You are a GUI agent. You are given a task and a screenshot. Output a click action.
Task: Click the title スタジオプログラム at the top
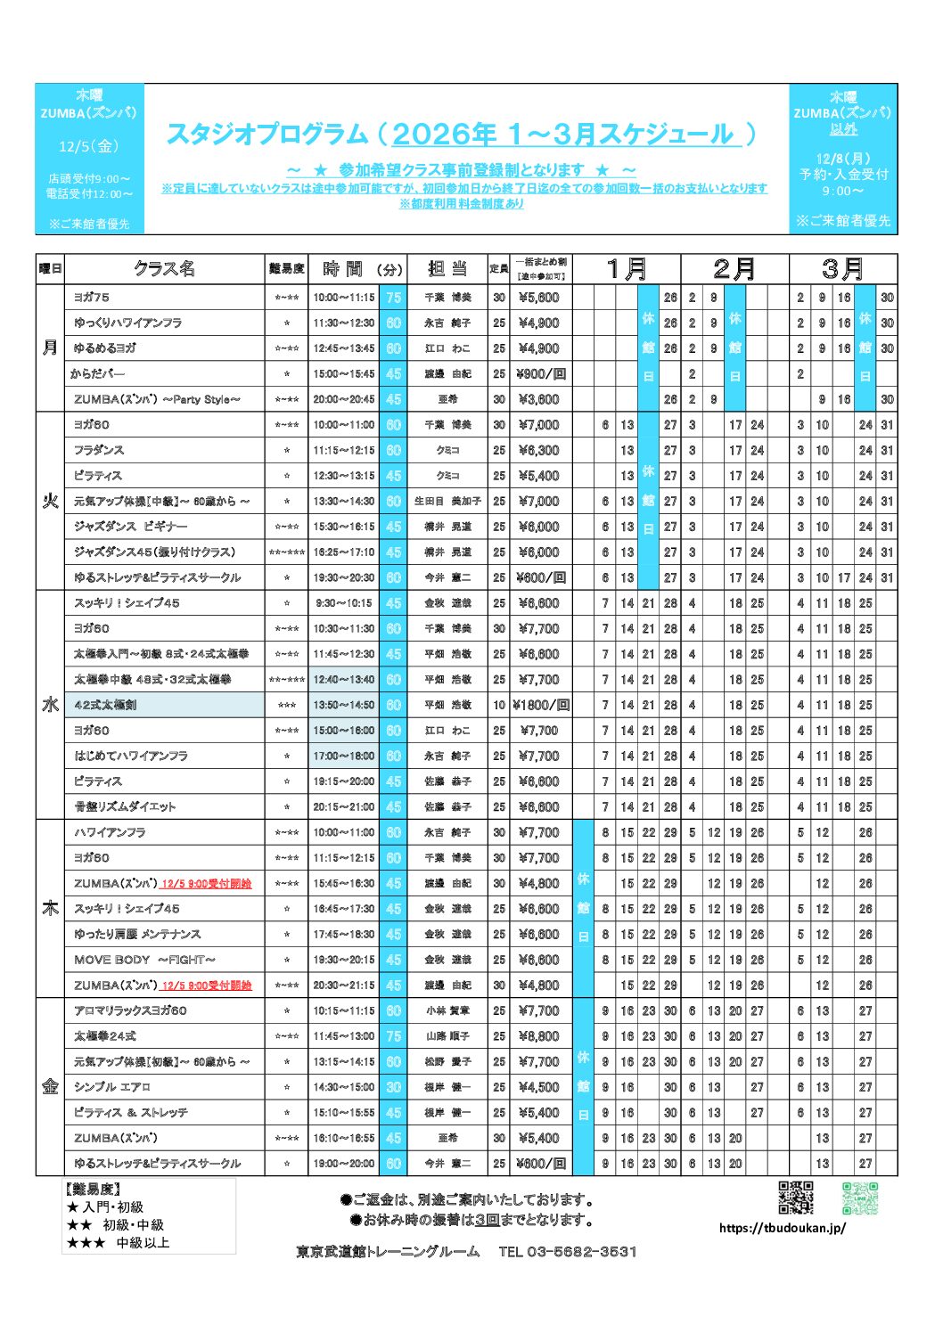pos(267,134)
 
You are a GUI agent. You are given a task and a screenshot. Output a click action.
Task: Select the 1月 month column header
pos(627,268)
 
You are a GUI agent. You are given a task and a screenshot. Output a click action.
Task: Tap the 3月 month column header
pos(842,268)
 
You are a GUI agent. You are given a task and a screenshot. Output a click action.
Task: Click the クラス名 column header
pos(164,268)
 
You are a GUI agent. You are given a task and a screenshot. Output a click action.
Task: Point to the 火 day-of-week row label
pos(50,501)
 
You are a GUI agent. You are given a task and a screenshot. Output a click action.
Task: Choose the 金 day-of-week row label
pos(50,1086)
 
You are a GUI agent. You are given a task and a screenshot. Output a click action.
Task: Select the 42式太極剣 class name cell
pos(106,705)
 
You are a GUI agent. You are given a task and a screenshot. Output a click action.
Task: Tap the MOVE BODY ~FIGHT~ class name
pos(144,960)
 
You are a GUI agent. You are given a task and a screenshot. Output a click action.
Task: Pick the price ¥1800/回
pos(540,705)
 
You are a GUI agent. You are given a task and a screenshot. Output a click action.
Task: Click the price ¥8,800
pos(538,1036)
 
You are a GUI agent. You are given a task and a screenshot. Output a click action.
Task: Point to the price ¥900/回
pos(540,374)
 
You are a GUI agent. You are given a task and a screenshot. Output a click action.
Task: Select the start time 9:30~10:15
pos(344,603)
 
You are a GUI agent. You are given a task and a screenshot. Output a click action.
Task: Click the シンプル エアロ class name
pos(112,1087)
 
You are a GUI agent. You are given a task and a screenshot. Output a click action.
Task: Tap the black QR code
pos(796,1198)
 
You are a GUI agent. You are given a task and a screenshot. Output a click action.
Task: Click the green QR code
pos(860,1198)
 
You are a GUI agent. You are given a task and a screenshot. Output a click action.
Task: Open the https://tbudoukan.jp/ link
pos(783,1228)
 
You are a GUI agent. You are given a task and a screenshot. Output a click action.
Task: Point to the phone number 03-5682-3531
pos(568,1252)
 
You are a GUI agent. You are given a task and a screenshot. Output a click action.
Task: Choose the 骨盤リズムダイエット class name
pos(125,807)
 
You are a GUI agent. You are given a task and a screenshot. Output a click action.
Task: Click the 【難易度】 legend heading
pos(93,1190)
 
